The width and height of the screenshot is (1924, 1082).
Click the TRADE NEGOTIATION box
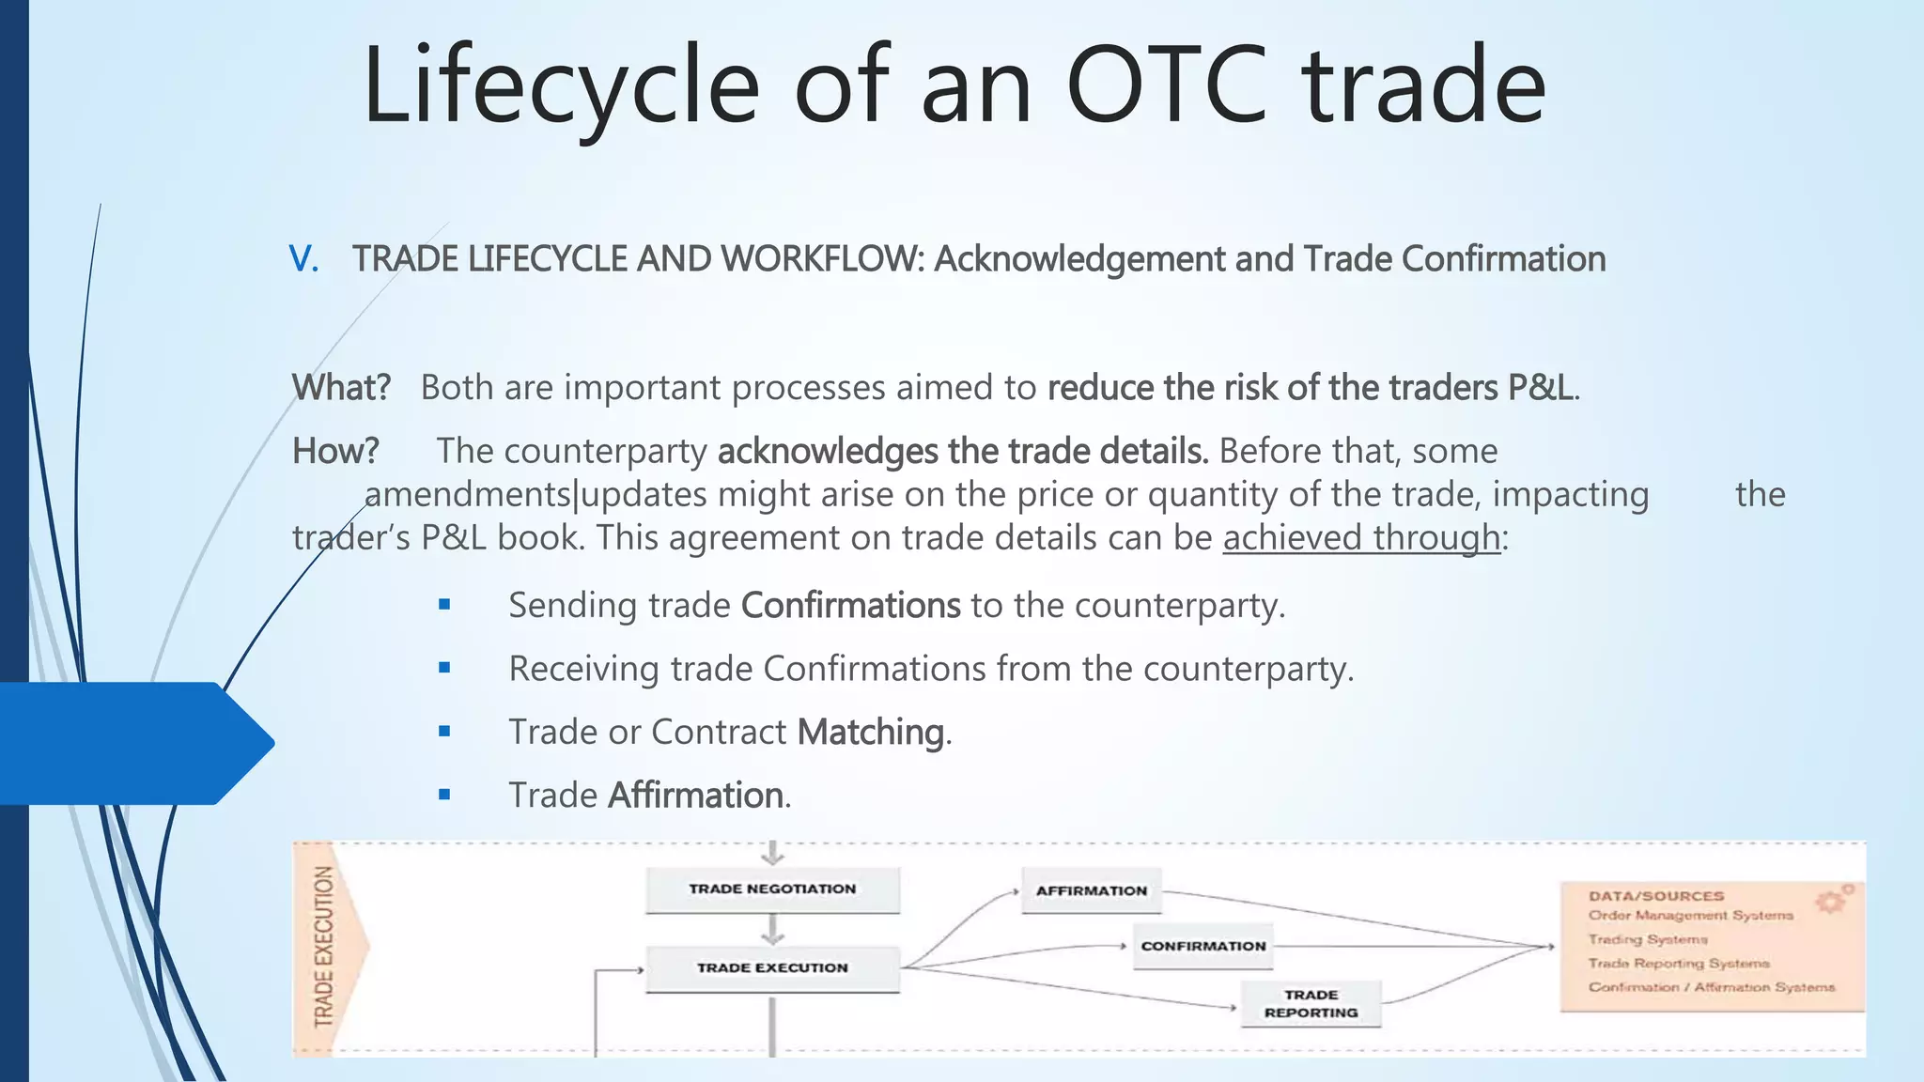pos(772,889)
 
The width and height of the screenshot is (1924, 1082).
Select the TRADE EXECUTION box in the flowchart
pos(772,968)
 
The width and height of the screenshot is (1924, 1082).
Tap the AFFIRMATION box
pos(1092,890)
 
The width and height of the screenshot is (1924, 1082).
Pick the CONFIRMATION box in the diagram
pos(1203,947)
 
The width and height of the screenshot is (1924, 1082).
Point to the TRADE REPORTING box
pos(1311,1004)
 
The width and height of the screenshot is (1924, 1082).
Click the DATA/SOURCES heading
pos(1656,896)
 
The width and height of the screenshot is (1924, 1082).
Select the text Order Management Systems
pos(1690,916)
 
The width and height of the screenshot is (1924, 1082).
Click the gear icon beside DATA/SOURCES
pos(1830,901)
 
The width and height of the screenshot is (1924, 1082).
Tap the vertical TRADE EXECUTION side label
pos(324,946)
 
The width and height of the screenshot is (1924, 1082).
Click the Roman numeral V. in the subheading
pos(303,259)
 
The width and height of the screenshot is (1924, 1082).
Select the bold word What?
pos(341,387)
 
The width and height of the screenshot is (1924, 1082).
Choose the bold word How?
pos(335,451)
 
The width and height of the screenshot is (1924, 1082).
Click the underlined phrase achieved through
pos(1361,538)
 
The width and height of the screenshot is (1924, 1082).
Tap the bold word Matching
pos(871,732)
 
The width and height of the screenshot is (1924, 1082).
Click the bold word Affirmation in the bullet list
pos(695,796)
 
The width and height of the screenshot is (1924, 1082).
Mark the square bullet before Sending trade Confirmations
pos(444,605)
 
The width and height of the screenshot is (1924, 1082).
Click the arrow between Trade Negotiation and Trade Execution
pos(772,930)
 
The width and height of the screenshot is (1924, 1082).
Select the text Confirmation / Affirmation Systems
pos(1711,987)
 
